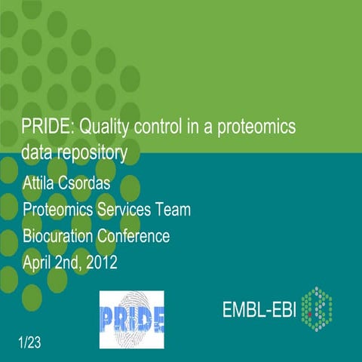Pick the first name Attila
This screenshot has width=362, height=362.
[x=41, y=183]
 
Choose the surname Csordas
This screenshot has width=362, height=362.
[x=94, y=183]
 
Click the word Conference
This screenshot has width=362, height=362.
[x=137, y=235]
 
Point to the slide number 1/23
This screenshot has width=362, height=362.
[x=29, y=343]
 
